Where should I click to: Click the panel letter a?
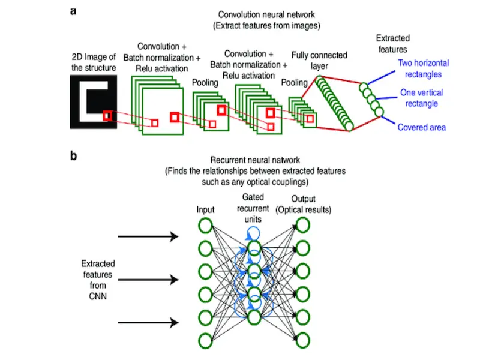[x=73, y=12]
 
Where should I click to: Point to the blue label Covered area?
[x=422, y=127]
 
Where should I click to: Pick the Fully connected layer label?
[x=318, y=60]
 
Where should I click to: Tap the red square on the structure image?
[x=107, y=116]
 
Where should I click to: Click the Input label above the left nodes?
[x=205, y=210]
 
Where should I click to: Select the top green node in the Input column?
[x=205, y=225]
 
